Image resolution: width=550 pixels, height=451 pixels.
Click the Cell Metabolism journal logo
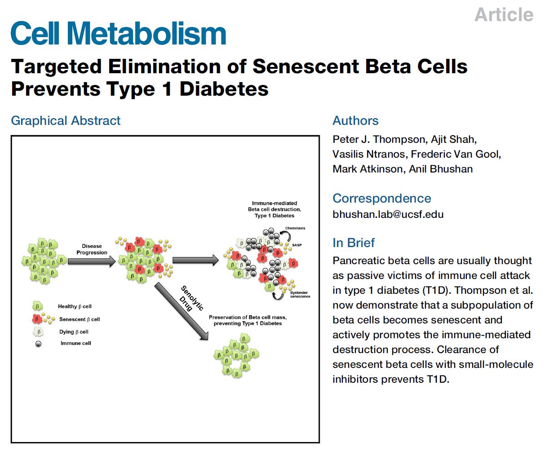pyautogui.click(x=118, y=34)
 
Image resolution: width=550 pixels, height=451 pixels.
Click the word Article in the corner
pyautogui.click(x=504, y=14)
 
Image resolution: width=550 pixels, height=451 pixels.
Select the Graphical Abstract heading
pyautogui.click(x=66, y=120)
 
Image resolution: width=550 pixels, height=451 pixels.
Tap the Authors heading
pyautogui.click(x=355, y=120)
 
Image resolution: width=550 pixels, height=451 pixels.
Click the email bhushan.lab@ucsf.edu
pyautogui.click(x=388, y=214)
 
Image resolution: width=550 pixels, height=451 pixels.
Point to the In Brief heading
pyautogui.click(x=354, y=243)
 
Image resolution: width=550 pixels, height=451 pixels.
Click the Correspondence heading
pyautogui.click(x=381, y=198)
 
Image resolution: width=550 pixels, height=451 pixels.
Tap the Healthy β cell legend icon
pyautogui.click(x=37, y=306)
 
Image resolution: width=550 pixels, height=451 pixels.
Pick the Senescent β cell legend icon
pyautogui.click(x=37, y=319)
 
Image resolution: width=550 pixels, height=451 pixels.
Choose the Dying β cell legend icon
pyautogui.click(x=38, y=332)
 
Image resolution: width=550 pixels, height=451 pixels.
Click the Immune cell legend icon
pyautogui.click(x=38, y=344)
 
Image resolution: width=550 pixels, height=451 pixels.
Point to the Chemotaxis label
pyautogui.click(x=295, y=229)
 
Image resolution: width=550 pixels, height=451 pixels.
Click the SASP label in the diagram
pyautogui.click(x=297, y=245)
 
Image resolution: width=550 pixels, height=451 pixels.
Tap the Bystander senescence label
pyautogui.click(x=300, y=294)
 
